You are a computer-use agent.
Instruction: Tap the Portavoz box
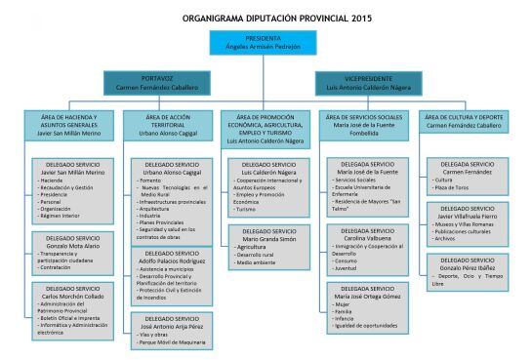157,82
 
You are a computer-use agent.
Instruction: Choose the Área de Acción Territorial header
162,125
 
